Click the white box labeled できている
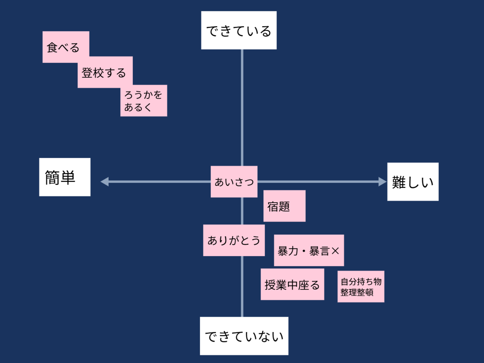coord(239,30)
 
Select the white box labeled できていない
coord(244,336)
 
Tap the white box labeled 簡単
coord(65,177)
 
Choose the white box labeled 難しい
coord(413,181)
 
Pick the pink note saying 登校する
coord(105,72)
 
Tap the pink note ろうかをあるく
coord(144,100)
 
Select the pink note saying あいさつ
coord(234,181)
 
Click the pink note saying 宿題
coord(284,206)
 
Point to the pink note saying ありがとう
coord(234,240)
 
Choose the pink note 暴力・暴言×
coord(309,250)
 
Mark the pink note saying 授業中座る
coord(292,284)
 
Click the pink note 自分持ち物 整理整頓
coord(361,286)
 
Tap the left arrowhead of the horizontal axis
coord(104,181)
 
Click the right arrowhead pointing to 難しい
coord(383,181)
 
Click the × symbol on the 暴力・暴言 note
coord(335,251)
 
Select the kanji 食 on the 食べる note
coord(52,48)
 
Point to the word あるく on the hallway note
coord(138,107)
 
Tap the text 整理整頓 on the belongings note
coord(357,292)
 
